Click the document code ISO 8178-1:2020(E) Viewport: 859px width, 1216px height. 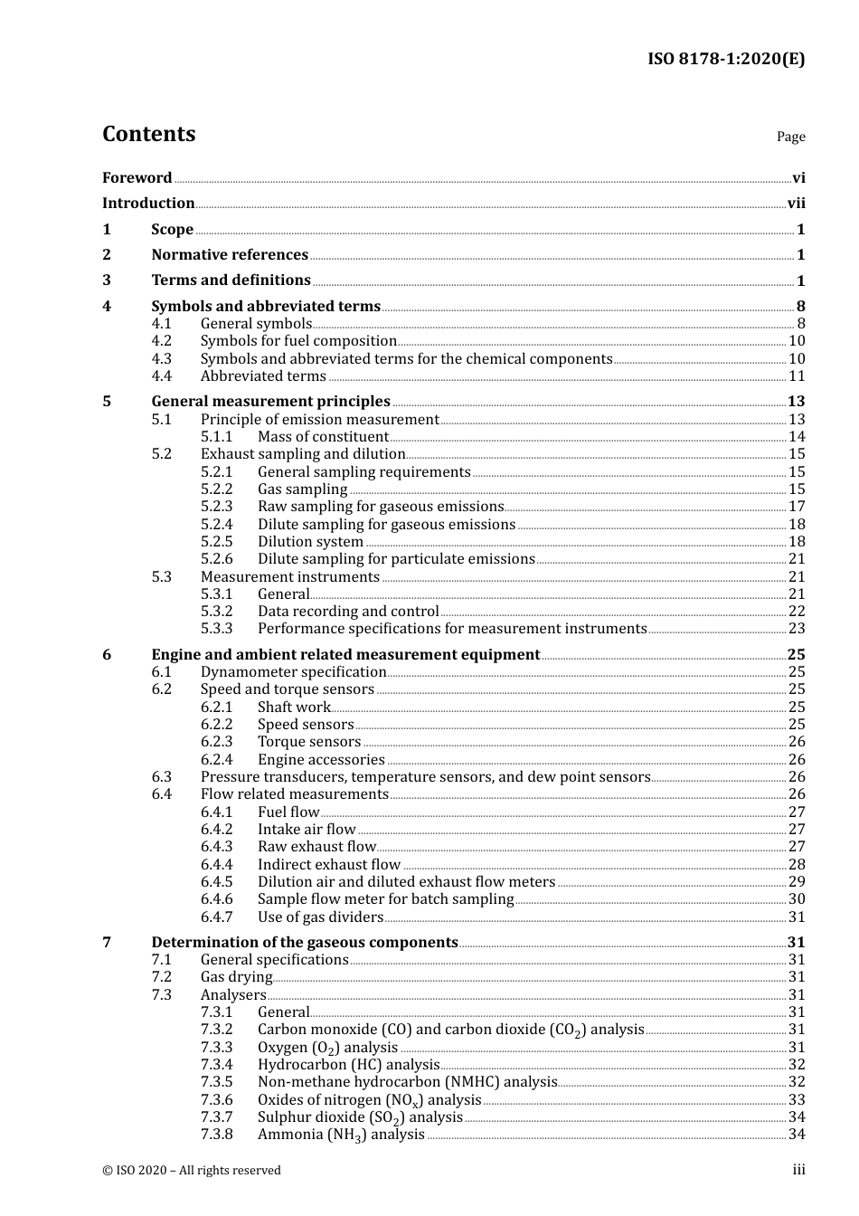pyautogui.click(x=726, y=60)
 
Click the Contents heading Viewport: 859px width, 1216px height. pyautogui.click(x=148, y=134)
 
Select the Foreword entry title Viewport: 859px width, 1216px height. pyautogui.click(x=137, y=178)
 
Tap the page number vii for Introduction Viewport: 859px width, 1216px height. pyautogui.click(x=796, y=204)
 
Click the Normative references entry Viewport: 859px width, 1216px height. pyautogui.click(x=230, y=255)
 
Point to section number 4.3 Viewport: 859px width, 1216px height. pyautogui.click(x=162, y=359)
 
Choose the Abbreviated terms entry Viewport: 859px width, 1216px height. pyautogui.click(x=263, y=376)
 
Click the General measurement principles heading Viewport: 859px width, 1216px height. pyautogui.click(x=270, y=402)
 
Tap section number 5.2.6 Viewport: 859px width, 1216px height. pyautogui.click(x=216, y=559)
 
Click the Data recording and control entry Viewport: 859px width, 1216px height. pyautogui.click(x=348, y=612)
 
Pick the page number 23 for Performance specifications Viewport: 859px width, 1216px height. pyautogui.click(x=797, y=629)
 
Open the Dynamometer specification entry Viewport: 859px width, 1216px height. pyautogui.click(x=293, y=672)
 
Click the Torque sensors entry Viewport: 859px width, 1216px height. pyautogui.click(x=309, y=742)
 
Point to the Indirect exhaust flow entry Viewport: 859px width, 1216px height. pyautogui.click(x=329, y=865)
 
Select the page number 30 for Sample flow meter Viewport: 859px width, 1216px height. pyautogui.click(x=797, y=899)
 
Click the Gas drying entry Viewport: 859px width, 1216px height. pyautogui.click(x=236, y=977)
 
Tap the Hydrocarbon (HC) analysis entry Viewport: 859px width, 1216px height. pyautogui.click(x=348, y=1065)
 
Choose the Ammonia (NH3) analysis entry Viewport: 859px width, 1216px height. pyautogui.click(x=341, y=1135)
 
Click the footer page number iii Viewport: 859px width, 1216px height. pyautogui.click(x=798, y=1170)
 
